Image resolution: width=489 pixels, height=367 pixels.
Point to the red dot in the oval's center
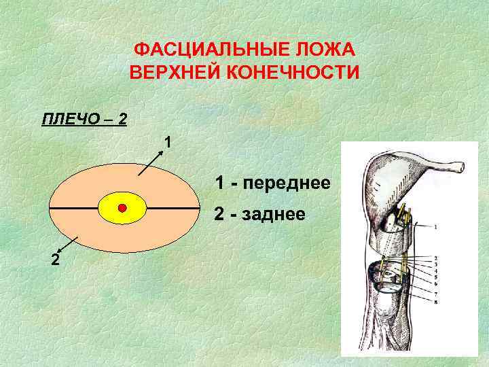tap(122, 207)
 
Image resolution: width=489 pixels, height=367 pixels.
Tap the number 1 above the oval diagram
tap(167, 143)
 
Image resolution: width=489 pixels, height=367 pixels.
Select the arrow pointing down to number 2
tap(68, 245)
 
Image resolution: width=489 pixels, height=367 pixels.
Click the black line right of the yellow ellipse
tap(173, 207)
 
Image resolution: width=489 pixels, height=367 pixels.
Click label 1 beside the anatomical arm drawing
tap(435, 226)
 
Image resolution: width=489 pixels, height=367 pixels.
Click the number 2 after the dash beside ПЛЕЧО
tap(122, 120)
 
